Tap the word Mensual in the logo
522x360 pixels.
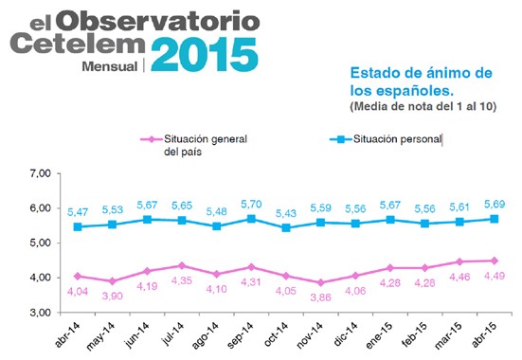110,67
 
